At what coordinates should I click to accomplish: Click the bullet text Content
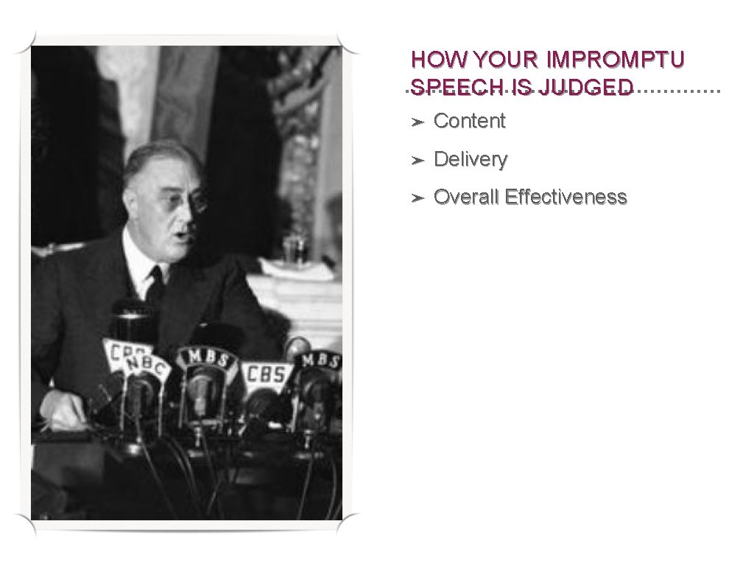tap(470, 121)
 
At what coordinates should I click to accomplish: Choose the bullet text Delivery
tap(471, 159)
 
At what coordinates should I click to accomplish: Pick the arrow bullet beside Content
tap(417, 122)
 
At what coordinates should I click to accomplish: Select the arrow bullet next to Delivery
tap(417, 160)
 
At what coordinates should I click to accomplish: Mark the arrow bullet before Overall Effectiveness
tap(417, 198)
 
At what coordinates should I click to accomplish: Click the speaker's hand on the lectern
tap(63, 409)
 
